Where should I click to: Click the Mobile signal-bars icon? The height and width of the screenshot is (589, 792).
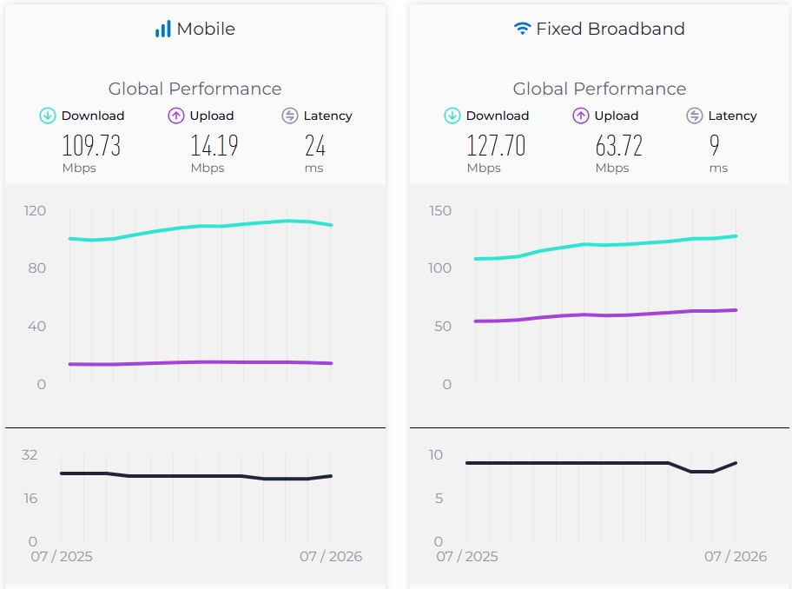162,29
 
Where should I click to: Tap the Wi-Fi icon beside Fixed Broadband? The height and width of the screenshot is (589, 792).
522,29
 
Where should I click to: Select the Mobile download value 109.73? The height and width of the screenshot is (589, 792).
91,145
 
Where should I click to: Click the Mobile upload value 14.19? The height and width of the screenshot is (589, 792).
214,145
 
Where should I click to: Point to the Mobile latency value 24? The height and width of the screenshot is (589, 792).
315,145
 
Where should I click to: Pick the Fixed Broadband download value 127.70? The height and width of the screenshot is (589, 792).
496,145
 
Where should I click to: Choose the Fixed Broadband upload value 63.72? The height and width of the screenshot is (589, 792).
618,145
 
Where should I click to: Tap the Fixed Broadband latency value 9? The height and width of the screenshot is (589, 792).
714,145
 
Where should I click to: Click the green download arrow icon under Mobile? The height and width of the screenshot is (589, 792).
48,116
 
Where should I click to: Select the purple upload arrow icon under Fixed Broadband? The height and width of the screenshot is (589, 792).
580,116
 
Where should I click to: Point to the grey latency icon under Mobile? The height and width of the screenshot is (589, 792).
290,116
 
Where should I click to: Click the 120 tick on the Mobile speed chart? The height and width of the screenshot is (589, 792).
35,210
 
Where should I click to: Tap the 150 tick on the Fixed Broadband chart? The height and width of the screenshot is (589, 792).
440,210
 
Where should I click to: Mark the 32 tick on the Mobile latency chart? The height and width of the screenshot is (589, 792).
30,454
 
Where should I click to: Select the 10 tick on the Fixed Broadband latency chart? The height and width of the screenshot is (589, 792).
436,454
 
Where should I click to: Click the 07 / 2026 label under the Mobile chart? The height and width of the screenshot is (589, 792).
331,556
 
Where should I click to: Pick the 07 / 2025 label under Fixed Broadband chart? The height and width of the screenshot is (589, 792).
467,556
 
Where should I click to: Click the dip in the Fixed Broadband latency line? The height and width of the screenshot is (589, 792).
702,472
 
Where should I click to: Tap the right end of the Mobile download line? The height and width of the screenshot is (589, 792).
332,225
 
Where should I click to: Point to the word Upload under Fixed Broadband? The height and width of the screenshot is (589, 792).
617,116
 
